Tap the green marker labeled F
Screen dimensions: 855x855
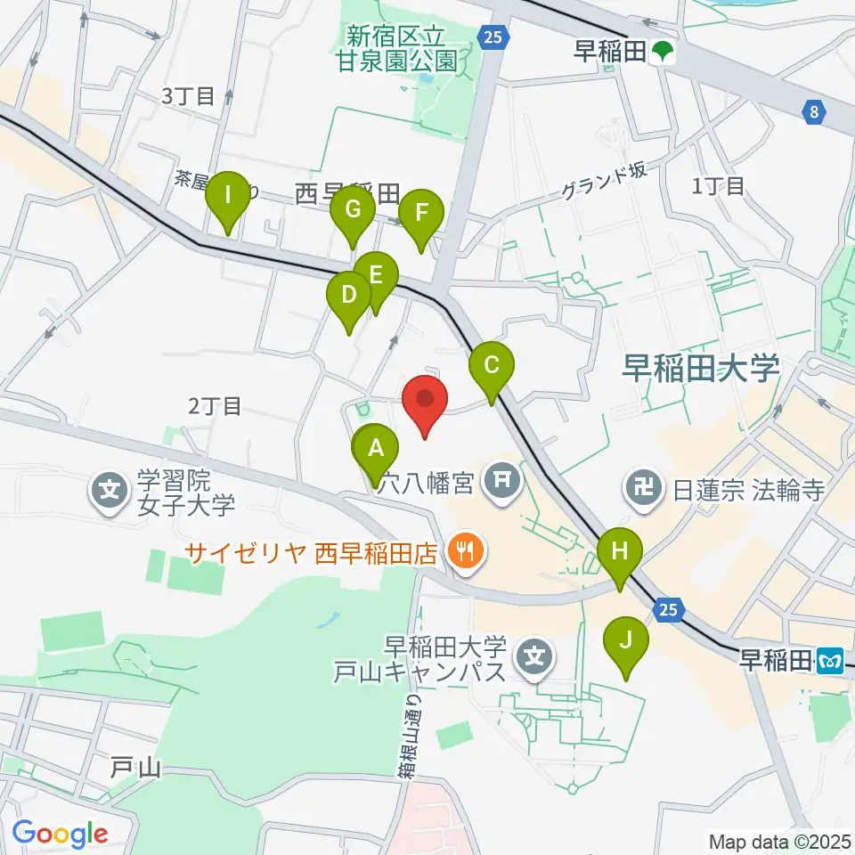(x=419, y=215)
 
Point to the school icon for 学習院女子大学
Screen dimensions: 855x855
(x=110, y=490)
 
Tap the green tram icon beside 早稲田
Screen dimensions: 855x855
(x=662, y=53)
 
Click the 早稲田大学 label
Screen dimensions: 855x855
(x=702, y=367)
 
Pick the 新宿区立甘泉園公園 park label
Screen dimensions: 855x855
(x=403, y=49)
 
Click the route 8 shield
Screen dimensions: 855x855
(x=813, y=111)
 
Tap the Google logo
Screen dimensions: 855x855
(x=60, y=834)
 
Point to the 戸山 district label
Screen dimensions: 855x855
(x=136, y=765)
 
